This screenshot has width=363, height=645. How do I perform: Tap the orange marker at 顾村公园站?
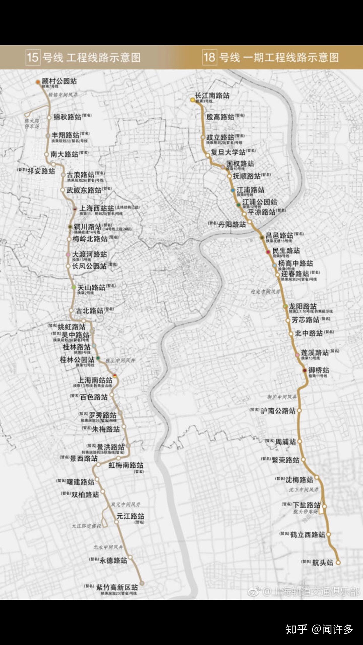[x=38, y=82]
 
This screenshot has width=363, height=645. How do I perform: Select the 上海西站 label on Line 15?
[x=96, y=208]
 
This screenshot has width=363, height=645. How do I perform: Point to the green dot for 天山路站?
[x=74, y=287]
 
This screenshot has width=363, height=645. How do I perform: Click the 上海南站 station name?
[x=95, y=380]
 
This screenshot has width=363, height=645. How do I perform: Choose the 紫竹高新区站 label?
[x=117, y=587]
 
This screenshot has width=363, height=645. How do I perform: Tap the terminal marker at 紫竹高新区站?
[x=142, y=583]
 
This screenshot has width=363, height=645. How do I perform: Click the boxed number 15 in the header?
[x=32, y=57]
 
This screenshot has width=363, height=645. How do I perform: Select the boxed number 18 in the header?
[x=209, y=57]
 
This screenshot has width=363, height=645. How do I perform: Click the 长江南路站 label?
[x=212, y=95]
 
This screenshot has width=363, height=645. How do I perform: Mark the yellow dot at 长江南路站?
[x=193, y=100]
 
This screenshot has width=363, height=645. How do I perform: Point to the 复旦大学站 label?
[x=228, y=152]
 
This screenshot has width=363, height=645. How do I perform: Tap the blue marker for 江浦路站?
[x=233, y=190]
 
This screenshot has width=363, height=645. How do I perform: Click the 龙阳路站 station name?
[x=303, y=306]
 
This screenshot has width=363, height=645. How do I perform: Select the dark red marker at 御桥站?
[x=305, y=370]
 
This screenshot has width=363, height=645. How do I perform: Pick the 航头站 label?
[x=323, y=562]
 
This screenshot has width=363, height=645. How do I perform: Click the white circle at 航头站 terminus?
[x=338, y=562]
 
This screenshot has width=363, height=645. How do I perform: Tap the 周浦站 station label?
[x=285, y=442]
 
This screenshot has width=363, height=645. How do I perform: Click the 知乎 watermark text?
[x=296, y=629]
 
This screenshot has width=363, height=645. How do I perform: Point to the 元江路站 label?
[x=130, y=516]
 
